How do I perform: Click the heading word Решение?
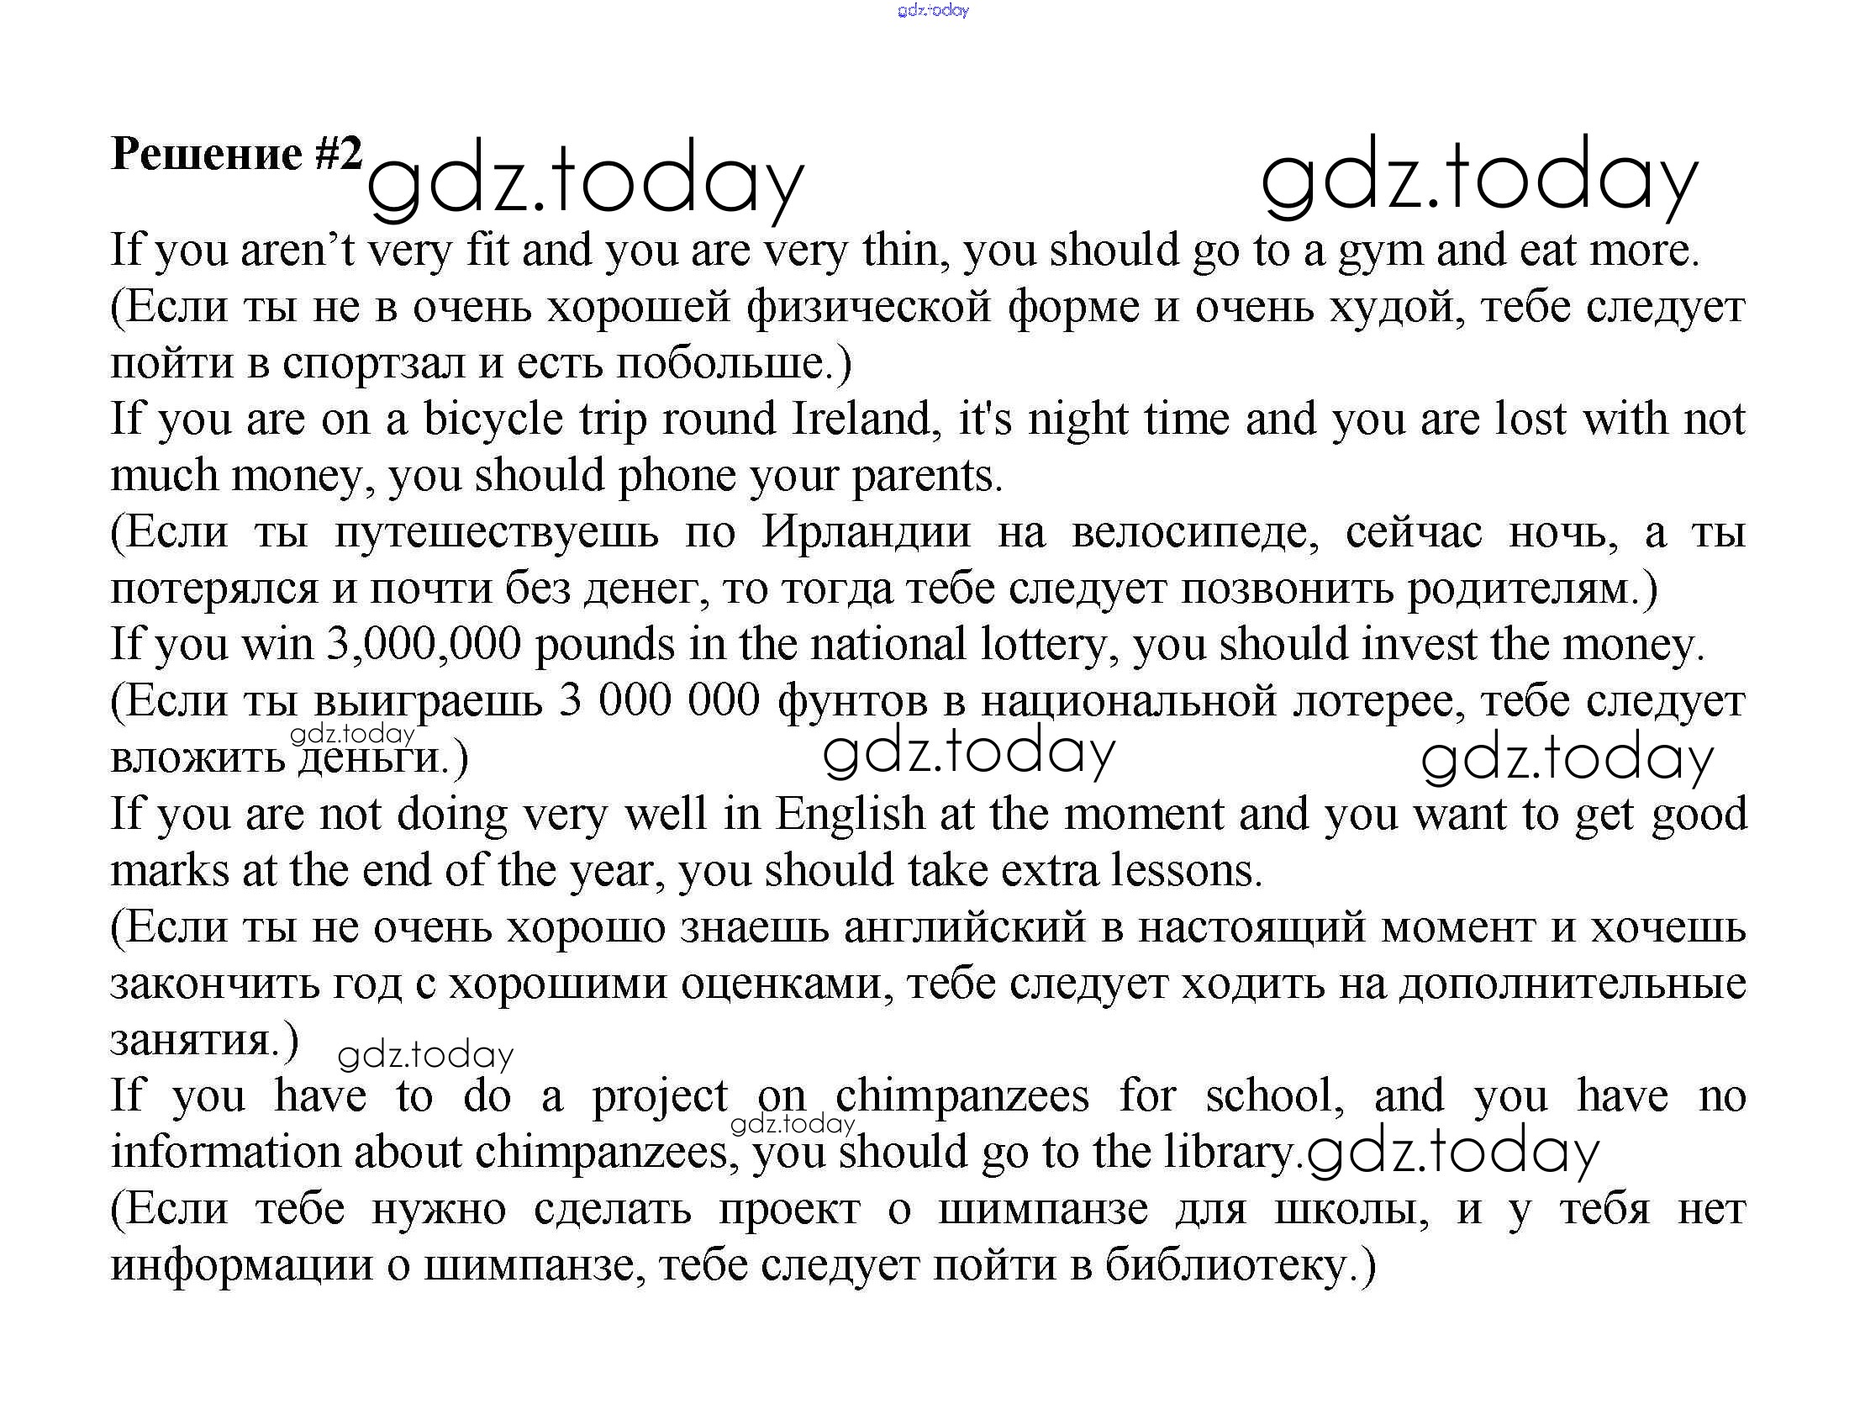click(x=206, y=155)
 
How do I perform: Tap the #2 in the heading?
click(x=339, y=155)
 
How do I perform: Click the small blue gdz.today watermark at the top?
click(x=934, y=11)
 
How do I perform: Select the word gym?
click(x=1382, y=252)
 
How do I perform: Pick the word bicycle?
click(x=493, y=420)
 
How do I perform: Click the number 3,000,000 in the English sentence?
click(x=424, y=645)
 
